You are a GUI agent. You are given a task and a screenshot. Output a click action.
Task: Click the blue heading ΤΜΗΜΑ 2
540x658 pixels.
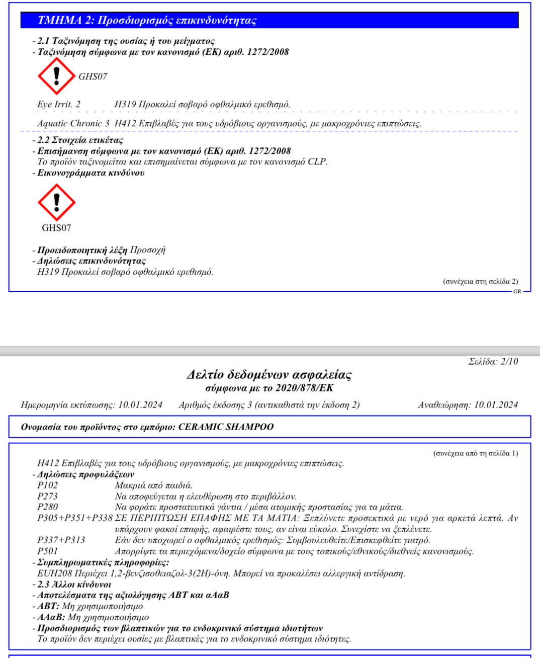click(x=147, y=20)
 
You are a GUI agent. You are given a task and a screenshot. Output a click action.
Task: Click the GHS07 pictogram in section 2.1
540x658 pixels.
click(x=56, y=76)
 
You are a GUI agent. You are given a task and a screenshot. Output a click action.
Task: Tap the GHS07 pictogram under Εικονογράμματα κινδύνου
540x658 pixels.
click(x=56, y=202)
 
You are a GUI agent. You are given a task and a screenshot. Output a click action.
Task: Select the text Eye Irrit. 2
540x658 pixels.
click(x=59, y=104)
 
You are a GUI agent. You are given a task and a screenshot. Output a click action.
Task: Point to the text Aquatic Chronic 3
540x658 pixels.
click(x=73, y=123)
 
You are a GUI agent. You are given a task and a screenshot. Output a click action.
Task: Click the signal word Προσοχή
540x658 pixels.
click(x=147, y=250)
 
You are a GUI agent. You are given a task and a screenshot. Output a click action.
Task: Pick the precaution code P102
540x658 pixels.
click(x=48, y=485)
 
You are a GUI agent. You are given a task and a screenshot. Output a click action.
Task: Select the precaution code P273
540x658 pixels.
click(x=48, y=497)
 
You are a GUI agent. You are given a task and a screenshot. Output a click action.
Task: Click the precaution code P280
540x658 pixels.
click(x=48, y=507)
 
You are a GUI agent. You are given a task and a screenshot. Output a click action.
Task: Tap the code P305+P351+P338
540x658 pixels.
click(x=75, y=518)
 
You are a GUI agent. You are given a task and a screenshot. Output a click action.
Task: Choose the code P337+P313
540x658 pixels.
click(x=61, y=540)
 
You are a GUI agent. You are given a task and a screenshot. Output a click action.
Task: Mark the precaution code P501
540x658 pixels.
click(x=48, y=551)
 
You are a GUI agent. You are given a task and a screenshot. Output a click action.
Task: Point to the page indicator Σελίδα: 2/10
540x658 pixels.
click(x=493, y=361)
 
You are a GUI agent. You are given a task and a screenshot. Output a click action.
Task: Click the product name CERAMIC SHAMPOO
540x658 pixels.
click(x=226, y=427)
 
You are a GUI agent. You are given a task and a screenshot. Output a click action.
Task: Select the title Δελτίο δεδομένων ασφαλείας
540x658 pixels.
click(x=269, y=375)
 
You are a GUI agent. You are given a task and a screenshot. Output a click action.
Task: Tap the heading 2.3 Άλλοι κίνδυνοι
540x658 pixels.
click(x=74, y=585)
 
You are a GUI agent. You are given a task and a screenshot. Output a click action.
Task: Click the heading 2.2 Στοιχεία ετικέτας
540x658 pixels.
click(x=80, y=140)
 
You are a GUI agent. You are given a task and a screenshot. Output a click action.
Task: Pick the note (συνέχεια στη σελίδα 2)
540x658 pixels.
click(x=480, y=281)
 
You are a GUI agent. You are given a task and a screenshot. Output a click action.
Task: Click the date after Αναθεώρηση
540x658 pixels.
click(x=496, y=405)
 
